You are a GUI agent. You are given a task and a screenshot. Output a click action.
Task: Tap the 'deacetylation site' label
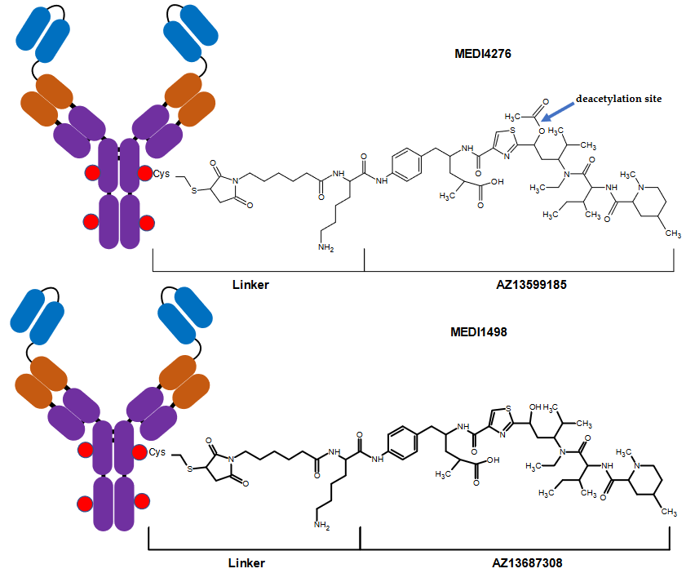[618, 99]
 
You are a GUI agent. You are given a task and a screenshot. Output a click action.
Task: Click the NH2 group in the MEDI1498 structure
[320, 526]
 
